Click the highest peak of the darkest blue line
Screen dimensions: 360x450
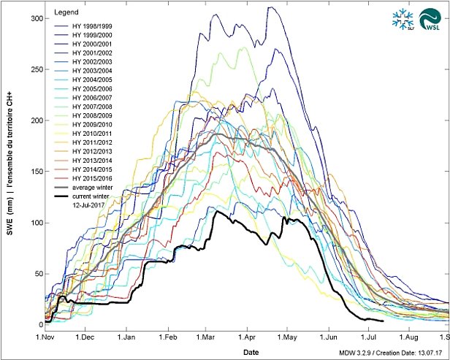270,7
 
